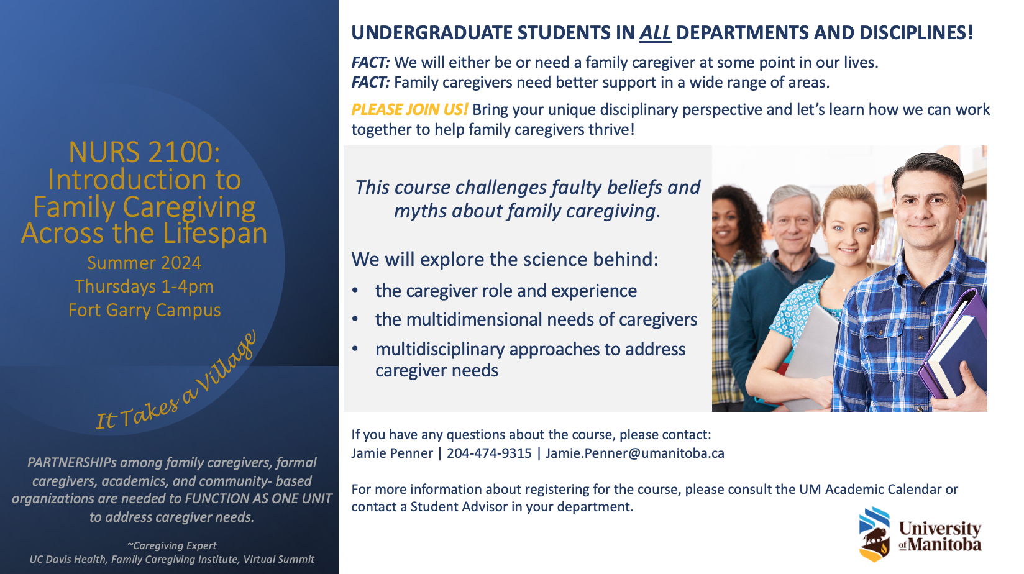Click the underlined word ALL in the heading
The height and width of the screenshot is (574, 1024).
click(655, 33)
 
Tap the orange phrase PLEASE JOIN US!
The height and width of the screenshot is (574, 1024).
click(409, 110)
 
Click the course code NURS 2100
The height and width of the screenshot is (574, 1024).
click(144, 152)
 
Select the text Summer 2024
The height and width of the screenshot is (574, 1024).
click(144, 263)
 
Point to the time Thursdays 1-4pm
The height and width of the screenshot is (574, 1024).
click(144, 286)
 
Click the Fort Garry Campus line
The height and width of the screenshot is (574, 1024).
click(144, 310)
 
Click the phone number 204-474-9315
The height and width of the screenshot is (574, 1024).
click(489, 453)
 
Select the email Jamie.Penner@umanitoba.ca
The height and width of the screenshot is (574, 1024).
click(635, 453)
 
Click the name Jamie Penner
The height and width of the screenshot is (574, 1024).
click(392, 453)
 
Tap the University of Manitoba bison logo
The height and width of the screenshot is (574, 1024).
click(874, 534)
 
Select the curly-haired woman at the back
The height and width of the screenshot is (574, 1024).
click(734, 293)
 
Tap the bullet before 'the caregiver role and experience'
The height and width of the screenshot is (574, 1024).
click(355, 291)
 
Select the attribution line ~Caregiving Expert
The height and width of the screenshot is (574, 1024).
click(172, 545)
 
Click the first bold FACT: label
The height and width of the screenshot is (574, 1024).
click(370, 62)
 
